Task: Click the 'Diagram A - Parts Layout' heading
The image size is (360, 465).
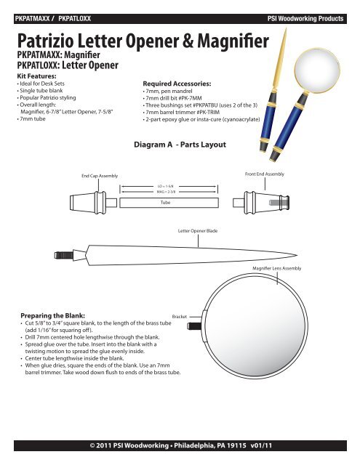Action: (180, 145)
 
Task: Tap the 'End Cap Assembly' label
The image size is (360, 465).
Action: (100, 176)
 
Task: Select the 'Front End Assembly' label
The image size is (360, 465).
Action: (265, 174)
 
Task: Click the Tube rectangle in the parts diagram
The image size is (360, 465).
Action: (169, 203)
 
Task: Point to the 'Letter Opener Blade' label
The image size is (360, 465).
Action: (198, 231)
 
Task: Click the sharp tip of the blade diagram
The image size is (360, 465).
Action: (297, 255)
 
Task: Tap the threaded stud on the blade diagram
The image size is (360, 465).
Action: (63, 255)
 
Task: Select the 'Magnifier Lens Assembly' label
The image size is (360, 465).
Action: (276, 268)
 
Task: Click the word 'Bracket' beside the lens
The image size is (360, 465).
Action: (179, 317)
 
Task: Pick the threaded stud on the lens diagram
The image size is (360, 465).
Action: (194, 327)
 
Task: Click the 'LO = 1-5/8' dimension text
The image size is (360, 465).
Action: (165, 186)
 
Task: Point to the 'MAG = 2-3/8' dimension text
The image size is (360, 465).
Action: (166, 192)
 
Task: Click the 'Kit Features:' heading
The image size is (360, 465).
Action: (36, 76)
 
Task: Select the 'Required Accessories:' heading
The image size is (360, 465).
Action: (177, 84)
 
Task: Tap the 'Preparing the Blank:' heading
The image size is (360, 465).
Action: (52, 315)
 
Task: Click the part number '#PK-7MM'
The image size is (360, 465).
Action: (190, 98)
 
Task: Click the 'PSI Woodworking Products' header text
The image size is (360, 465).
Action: (305, 18)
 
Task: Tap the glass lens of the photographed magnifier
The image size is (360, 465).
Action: (317, 70)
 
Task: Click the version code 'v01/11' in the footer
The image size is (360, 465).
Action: (261, 445)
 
